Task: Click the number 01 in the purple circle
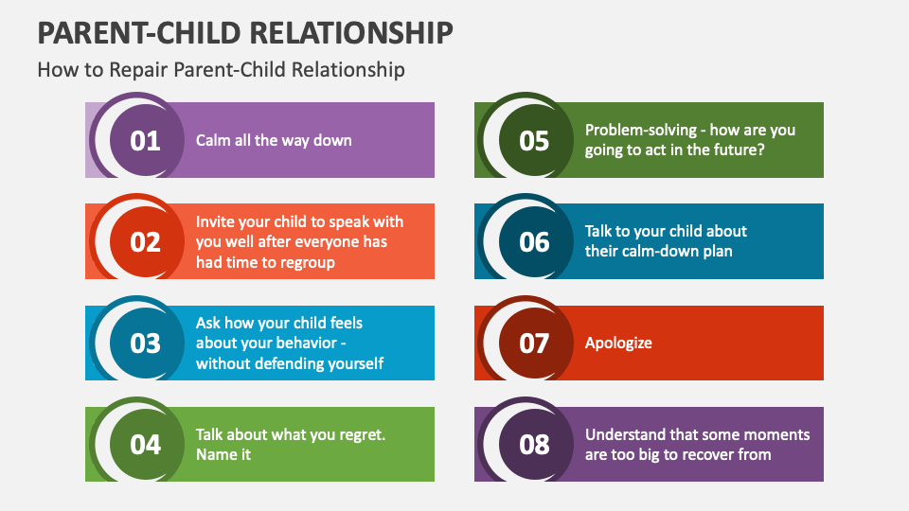point(145,141)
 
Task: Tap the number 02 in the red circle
point(145,242)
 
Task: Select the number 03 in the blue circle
point(145,343)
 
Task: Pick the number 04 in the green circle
point(145,445)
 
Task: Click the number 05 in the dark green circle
point(534,141)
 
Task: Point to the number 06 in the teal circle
point(534,242)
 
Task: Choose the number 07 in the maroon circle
point(534,343)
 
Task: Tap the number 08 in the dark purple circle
point(534,445)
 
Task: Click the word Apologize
point(618,344)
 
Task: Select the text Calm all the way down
point(274,140)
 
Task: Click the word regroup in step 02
point(304,262)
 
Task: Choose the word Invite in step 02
point(217,221)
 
